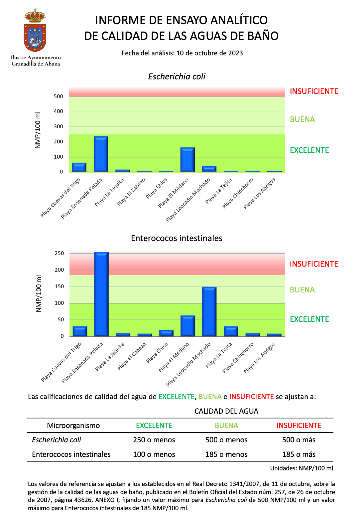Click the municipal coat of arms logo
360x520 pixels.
pyautogui.click(x=35, y=30)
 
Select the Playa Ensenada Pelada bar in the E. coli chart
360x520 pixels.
pyautogui.click(x=101, y=154)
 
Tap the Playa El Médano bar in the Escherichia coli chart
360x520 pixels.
pyautogui.click(x=187, y=159)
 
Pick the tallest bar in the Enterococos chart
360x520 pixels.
pyautogui.click(x=101, y=294)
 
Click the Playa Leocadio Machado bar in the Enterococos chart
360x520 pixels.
pyautogui.click(x=209, y=311)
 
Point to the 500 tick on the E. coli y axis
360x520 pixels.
pyautogui.click(x=58, y=96)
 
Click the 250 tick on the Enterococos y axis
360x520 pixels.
pyautogui.click(x=59, y=253)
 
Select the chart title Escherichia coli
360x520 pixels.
pyautogui.click(x=177, y=76)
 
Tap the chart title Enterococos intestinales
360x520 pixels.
pyautogui.click(x=177, y=238)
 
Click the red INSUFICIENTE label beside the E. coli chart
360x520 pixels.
pyautogui.click(x=314, y=91)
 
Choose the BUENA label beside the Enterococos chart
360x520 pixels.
pyautogui.click(x=302, y=290)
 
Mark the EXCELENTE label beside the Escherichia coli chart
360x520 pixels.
pyautogui.click(x=309, y=150)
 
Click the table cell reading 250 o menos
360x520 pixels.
pyautogui.click(x=154, y=440)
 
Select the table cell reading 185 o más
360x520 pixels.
pyautogui.click(x=299, y=454)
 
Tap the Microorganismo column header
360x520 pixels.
pyautogui.click(x=73, y=426)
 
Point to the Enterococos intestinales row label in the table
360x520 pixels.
pyautogui.click(x=71, y=454)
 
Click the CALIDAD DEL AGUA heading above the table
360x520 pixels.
pyautogui.click(x=226, y=411)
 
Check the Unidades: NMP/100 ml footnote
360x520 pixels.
pyautogui.click(x=301, y=468)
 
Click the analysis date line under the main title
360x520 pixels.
pyautogui.click(x=182, y=53)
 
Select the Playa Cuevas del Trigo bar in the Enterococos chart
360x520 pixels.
pyautogui.click(x=80, y=331)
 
